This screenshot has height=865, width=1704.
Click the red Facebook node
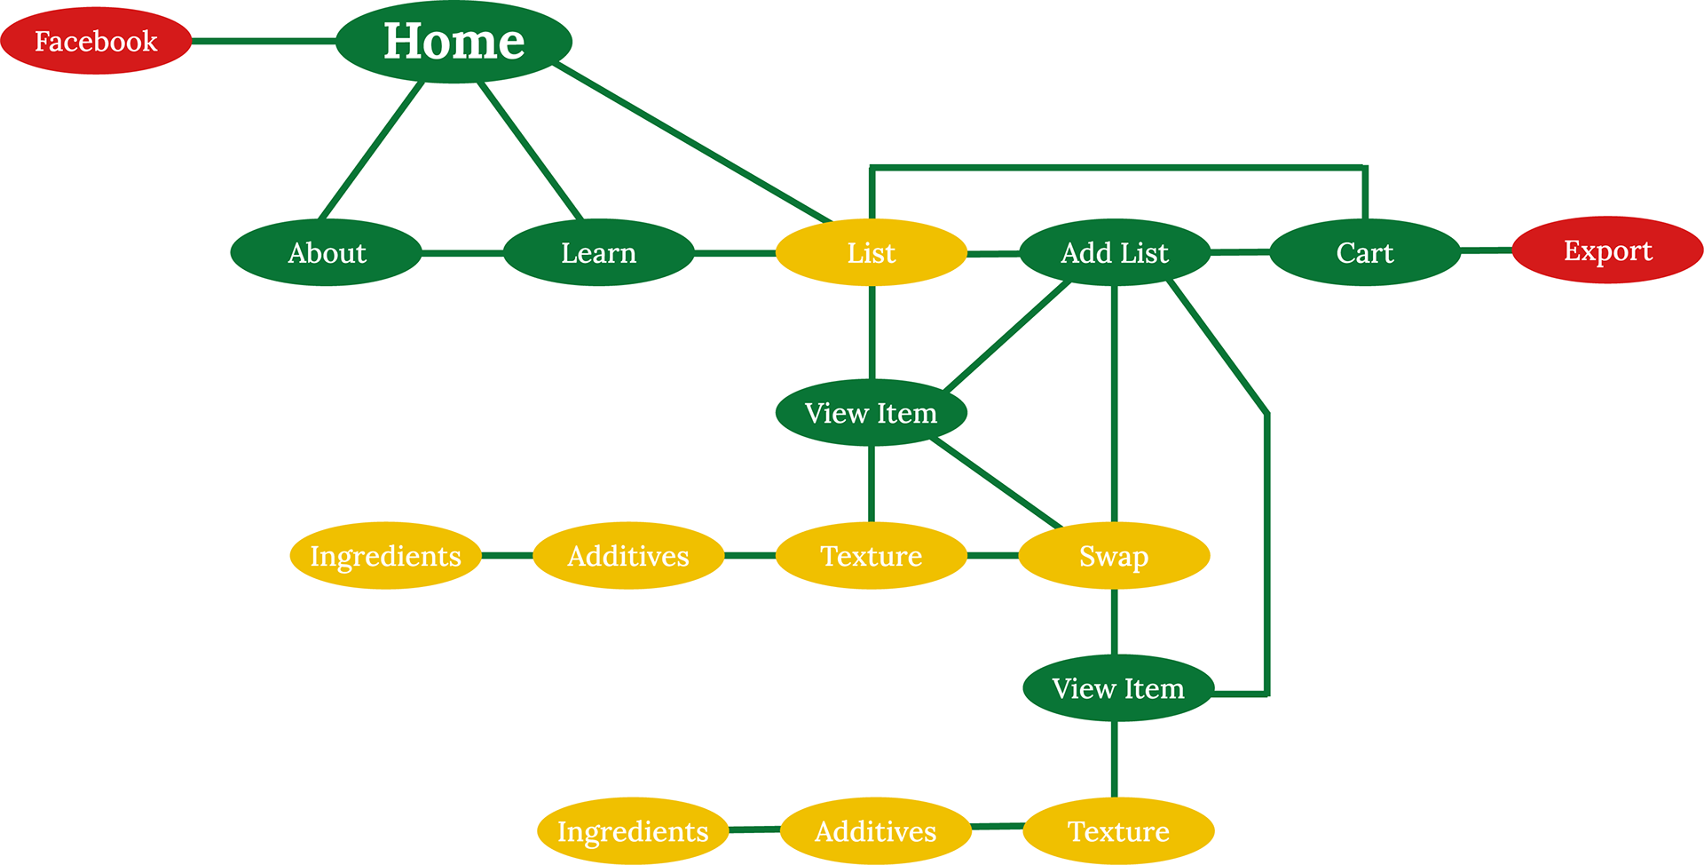coord(96,41)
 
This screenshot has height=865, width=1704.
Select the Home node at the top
coord(454,42)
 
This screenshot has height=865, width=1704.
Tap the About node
coord(326,253)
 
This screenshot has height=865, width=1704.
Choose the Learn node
coord(598,253)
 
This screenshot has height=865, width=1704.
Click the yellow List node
coord(871,253)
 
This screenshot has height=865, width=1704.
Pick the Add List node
coord(1114,253)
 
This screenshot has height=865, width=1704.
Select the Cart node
coord(1364,253)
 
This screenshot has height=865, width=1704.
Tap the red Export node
coord(1607,250)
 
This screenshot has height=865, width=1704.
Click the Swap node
coord(1114,556)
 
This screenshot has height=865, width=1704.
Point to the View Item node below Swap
coord(1117,688)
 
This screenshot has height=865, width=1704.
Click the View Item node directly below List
coord(871,413)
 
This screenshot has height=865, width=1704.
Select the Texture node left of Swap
coord(871,556)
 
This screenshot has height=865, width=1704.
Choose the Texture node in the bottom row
coord(1118,831)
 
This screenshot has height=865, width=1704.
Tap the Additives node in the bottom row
coord(875,831)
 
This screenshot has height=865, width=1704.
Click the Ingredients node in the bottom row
coord(633,831)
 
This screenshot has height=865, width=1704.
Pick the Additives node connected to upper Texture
coord(628,556)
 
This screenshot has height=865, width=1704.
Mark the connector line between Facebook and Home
coord(263,41)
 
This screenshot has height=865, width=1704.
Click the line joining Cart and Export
coord(1486,251)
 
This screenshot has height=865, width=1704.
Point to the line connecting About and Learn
coord(461,253)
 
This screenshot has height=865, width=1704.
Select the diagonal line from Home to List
coord(692,142)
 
